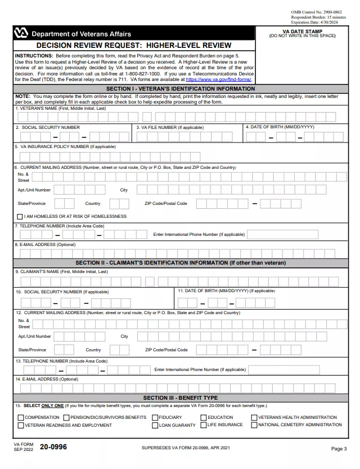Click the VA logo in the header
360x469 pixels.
coord(21,34)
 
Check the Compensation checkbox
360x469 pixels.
coord(21,418)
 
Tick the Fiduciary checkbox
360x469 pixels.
coord(155,418)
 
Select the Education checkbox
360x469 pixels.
coord(204,418)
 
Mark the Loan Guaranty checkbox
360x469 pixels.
coord(155,425)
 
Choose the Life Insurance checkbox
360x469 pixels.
coord(204,425)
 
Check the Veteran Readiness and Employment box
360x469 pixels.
coord(21,425)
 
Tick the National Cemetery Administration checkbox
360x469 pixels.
coord(254,425)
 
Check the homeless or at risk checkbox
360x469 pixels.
coord(20,216)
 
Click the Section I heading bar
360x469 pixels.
coord(181,89)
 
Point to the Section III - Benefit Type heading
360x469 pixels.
coord(181,398)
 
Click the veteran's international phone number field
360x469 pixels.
coord(282,234)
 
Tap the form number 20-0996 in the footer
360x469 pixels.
coord(53,447)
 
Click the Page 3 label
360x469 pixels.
coord(339,449)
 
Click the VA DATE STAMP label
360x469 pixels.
coord(302,31)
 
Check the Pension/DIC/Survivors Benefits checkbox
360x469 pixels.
coord(66,418)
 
